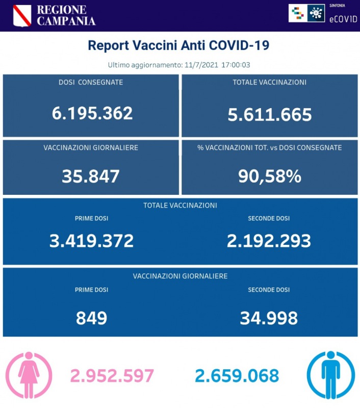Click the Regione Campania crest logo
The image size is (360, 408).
(x=22, y=15)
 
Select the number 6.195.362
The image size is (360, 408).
(x=92, y=113)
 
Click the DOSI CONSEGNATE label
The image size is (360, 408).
(x=91, y=82)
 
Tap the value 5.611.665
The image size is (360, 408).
(x=270, y=115)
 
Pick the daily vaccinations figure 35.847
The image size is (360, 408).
(x=91, y=176)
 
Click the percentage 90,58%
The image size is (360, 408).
(x=270, y=176)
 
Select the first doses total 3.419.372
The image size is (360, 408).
(x=92, y=240)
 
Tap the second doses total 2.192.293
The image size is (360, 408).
(x=269, y=240)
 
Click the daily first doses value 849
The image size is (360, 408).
(x=91, y=318)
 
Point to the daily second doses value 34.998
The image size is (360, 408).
(x=269, y=318)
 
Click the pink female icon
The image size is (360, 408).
(x=29, y=375)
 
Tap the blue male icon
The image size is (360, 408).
(x=330, y=375)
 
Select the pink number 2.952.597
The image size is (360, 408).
(x=112, y=376)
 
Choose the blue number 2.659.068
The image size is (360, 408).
(x=237, y=376)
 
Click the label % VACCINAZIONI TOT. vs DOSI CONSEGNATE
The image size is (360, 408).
(x=270, y=148)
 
